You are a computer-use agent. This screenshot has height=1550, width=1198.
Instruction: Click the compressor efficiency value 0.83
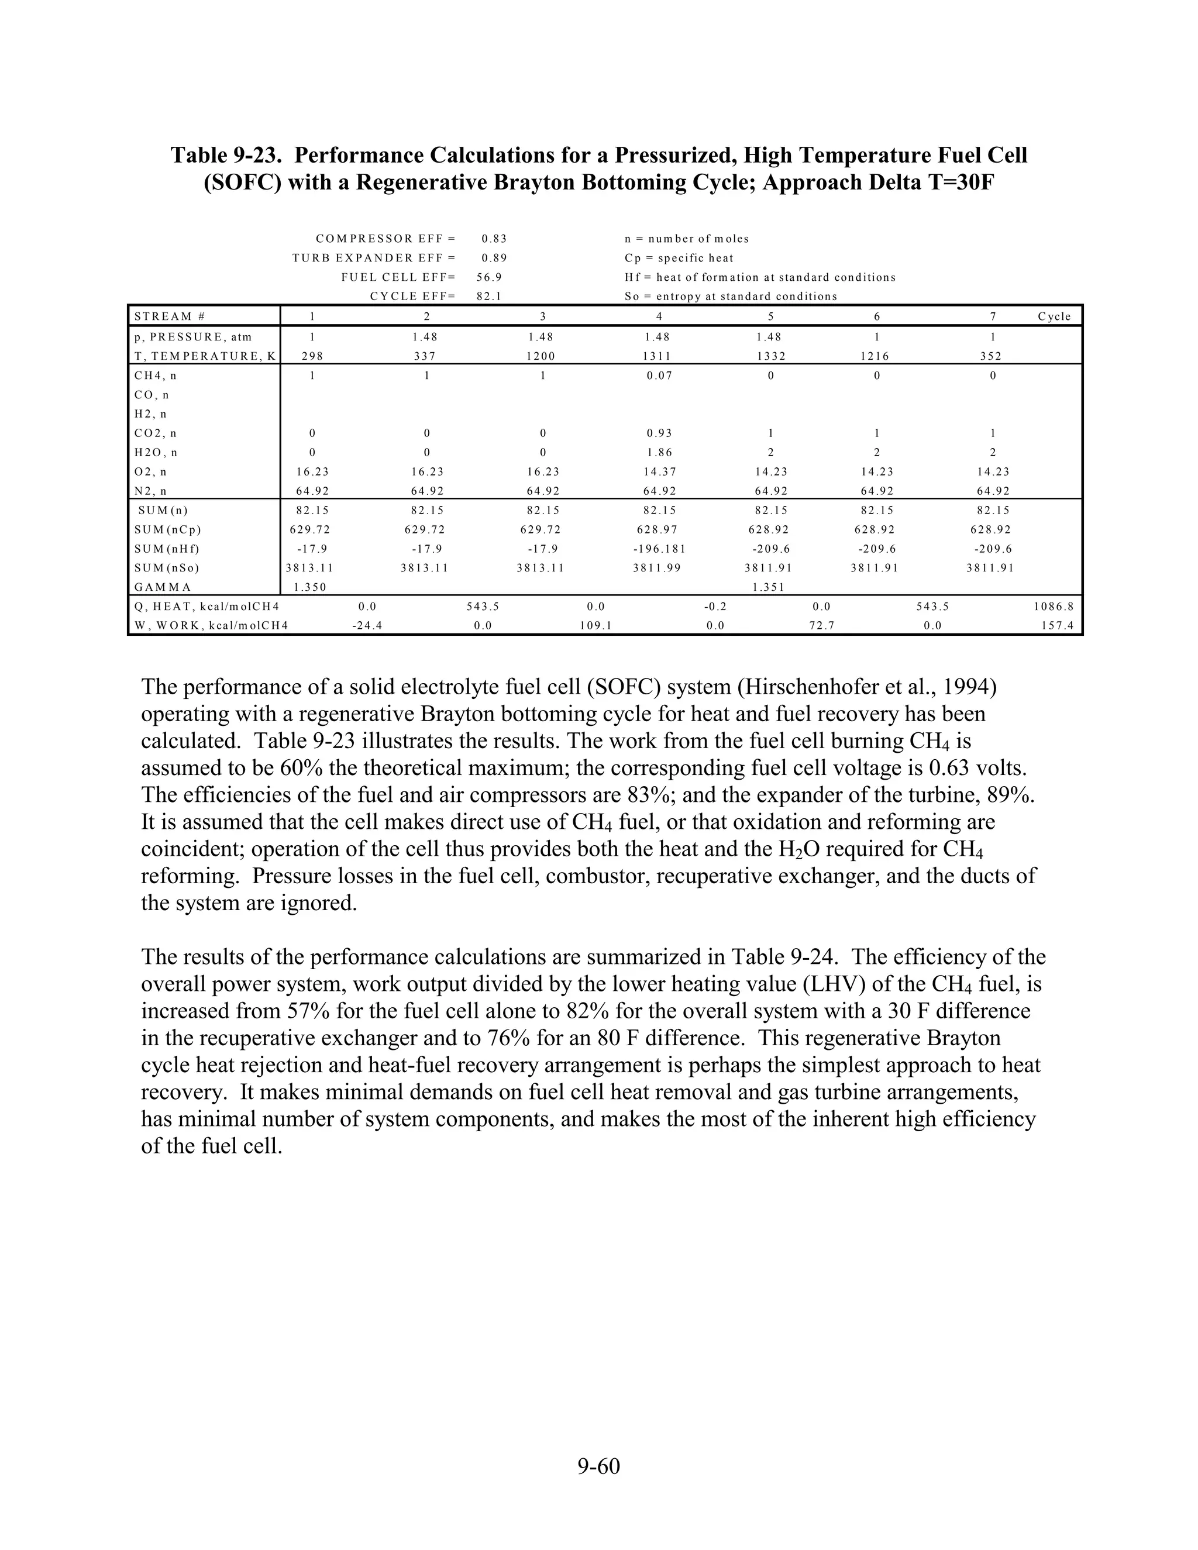tap(494, 239)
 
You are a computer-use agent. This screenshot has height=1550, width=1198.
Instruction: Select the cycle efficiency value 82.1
tap(489, 297)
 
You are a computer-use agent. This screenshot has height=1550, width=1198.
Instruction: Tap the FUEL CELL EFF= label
tap(397, 277)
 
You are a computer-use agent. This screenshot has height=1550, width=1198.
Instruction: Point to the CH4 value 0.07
tap(659, 376)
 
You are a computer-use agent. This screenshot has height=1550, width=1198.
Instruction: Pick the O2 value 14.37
tap(659, 472)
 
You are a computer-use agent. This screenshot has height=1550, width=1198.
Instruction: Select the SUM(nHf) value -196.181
tap(659, 549)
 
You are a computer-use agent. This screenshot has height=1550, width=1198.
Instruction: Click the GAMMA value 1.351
tap(769, 587)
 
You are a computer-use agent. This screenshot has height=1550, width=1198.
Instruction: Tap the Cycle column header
tap(1054, 316)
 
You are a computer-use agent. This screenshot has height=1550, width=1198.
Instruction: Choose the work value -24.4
tap(367, 626)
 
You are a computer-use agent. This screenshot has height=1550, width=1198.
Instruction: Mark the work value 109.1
tap(595, 626)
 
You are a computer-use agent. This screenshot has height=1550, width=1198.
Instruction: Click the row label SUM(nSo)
tap(167, 568)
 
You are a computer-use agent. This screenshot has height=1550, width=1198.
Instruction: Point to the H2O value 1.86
tap(659, 452)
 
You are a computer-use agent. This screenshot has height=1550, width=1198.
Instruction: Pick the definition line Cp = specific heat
tap(679, 259)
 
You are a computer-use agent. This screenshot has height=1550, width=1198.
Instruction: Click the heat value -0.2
tap(715, 607)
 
